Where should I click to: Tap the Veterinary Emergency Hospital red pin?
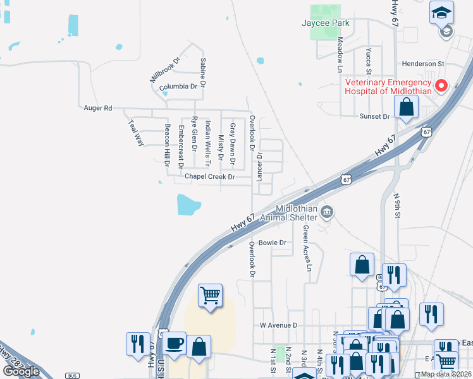[x=441, y=85]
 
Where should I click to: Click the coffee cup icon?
[x=175, y=344]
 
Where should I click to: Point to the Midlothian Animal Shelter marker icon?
[x=327, y=211]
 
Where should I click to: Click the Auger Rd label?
[x=97, y=108]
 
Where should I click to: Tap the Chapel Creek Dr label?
[x=210, y=177]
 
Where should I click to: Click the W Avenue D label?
[x=279, y=325]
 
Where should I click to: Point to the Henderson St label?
[x=423, y=64]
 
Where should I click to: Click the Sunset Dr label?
[x=375, y=116]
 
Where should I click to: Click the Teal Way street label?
[x=136, y=133]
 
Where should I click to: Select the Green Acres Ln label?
[x=308, y=248]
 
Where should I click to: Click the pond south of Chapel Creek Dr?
[x=188, y=204]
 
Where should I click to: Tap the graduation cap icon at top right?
[x=441, y=12]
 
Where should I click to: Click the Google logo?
[x=21, y=371]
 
